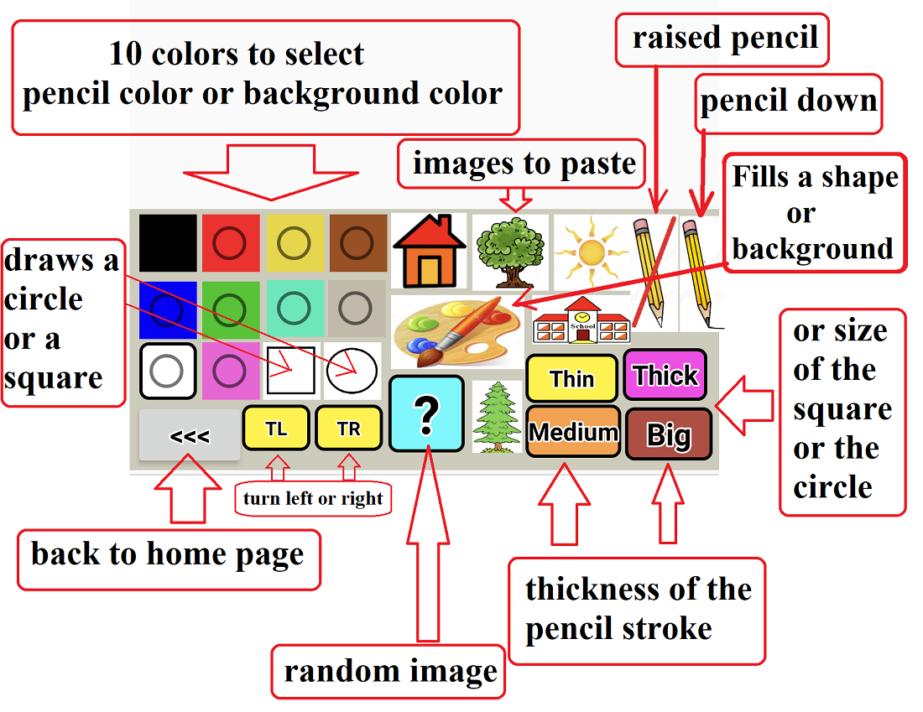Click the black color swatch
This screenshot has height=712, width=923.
[168, 243]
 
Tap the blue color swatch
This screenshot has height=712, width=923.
[168, 309]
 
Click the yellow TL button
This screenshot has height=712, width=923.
[276, 429]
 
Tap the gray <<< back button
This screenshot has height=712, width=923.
[190, 436]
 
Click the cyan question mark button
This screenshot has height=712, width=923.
[427, 413]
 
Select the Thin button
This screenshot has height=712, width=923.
[571, 378]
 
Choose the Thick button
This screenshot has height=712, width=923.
[665, 375]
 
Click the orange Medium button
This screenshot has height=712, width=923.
[573, 432]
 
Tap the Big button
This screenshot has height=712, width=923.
[669, 434]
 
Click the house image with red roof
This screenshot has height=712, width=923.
[429, 251]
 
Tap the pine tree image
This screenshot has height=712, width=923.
[493, 417]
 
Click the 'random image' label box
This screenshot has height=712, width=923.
[388, 672]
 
